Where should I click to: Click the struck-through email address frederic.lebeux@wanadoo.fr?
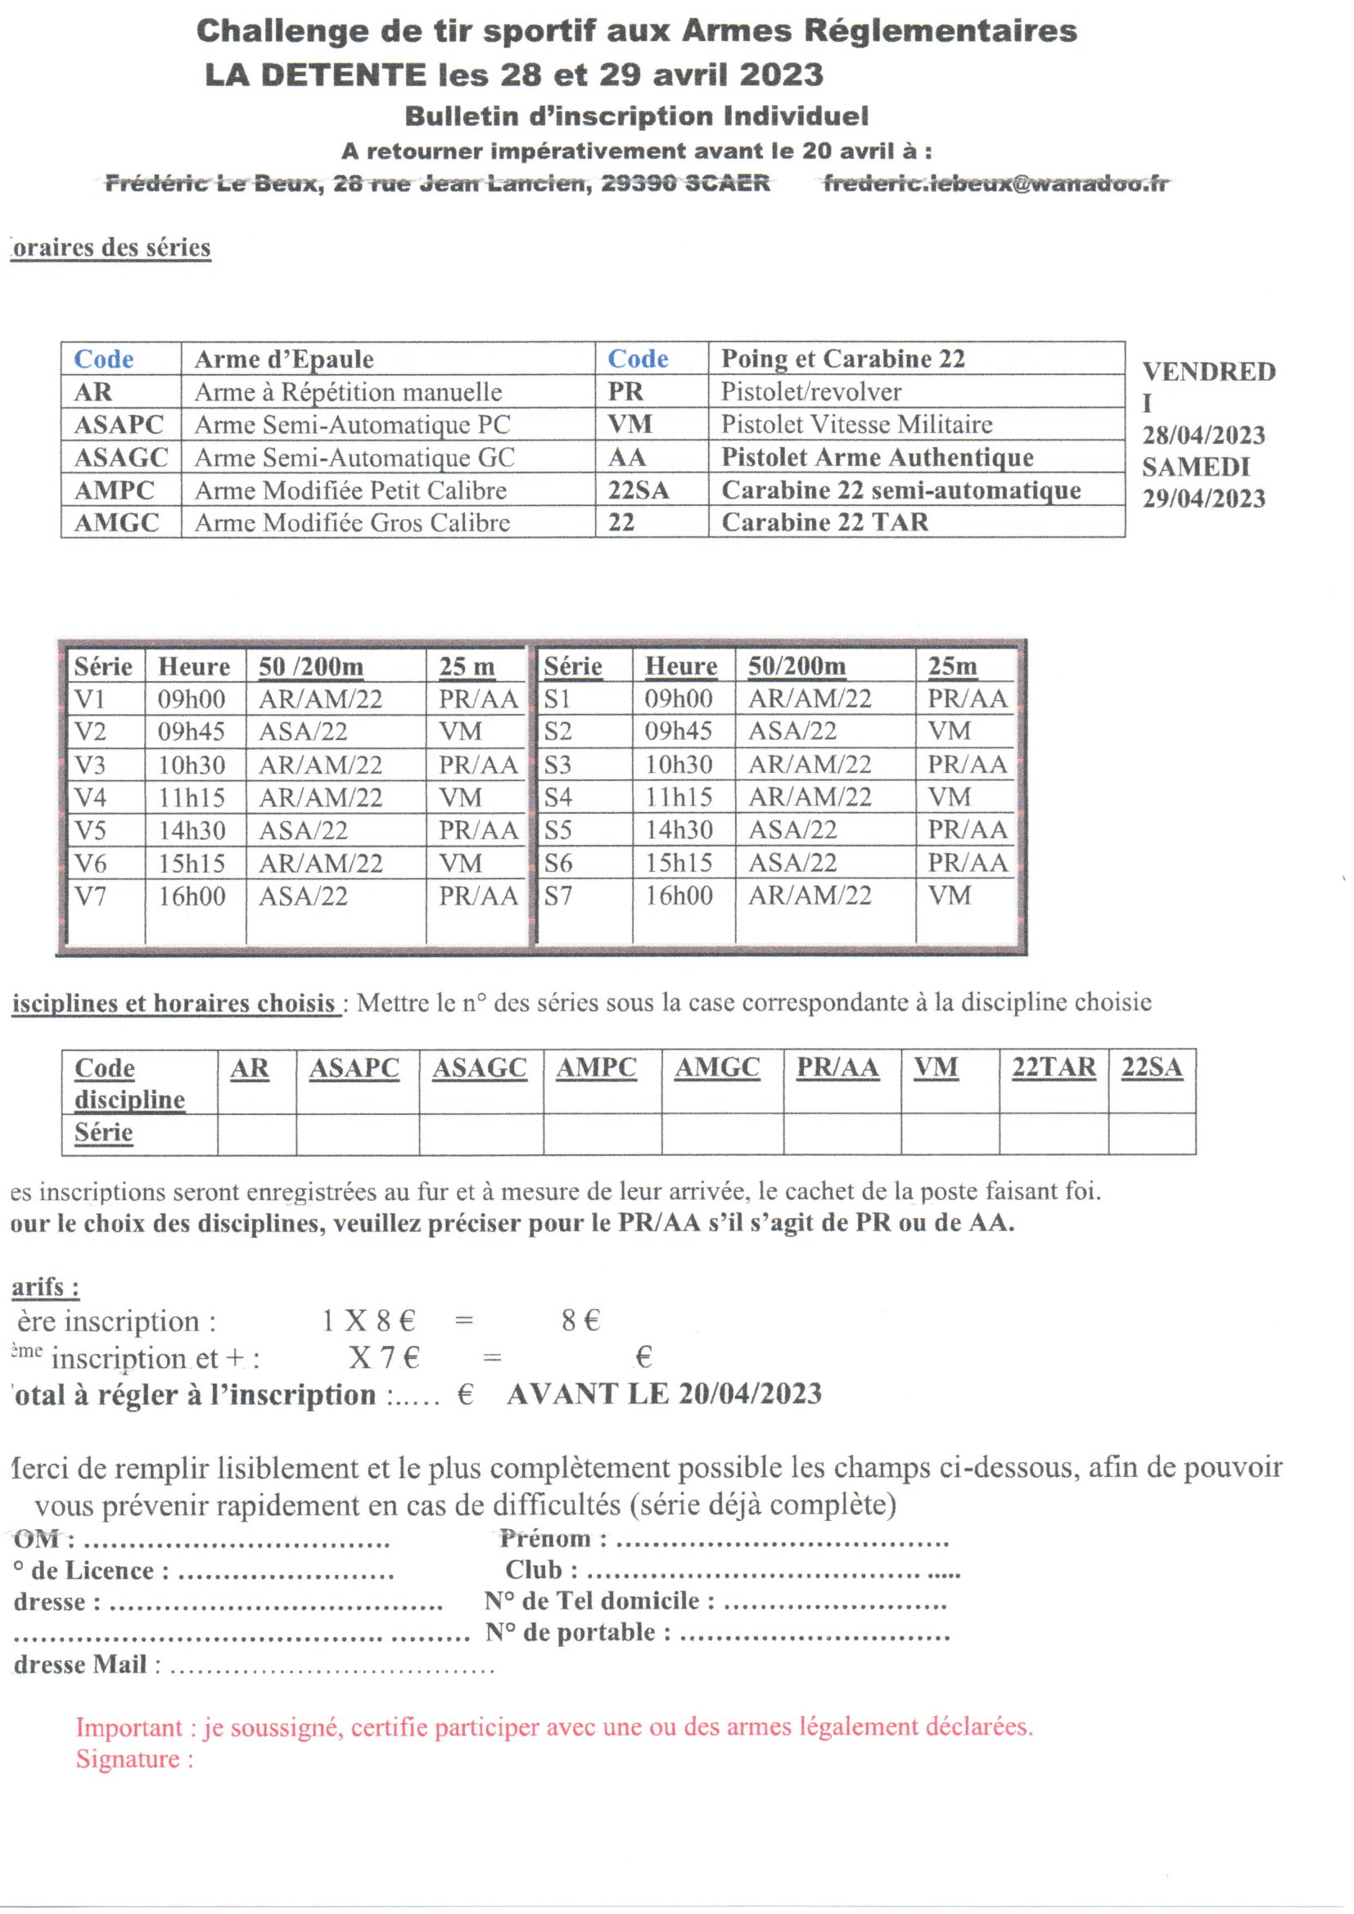pyautogui.click(x=995, y=183)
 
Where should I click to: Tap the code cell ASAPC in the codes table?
pyautogui.click(x=119, y=424)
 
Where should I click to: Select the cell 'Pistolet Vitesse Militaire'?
pyautogui.click(x=856, y=424)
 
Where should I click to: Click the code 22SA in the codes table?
pyautogui.click(x=638, y=490)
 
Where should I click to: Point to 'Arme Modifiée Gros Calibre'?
pyautogui.click(x=352, y=522)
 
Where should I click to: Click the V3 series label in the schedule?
pyautogui.click(x=90, y=765)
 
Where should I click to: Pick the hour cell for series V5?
pyautogui.click(x=192, y=830)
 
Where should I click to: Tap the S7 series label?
pyautogui.click(x=557, y=896)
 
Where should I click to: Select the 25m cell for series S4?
pyautogui.click(x=950, y=797)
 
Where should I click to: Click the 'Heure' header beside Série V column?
pyautogui.click(x=193, y=666)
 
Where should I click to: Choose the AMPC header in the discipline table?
pyautogui.click(x=596, y=1068)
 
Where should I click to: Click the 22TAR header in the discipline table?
pyautogui.click(x=1053, y=1068)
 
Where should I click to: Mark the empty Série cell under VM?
pyautogui.click(x=950, y=1134)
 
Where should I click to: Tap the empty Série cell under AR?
pyautogui.click(x=257, y=1134)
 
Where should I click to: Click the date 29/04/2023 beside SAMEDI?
pyautogui.click(x=1203, y=499)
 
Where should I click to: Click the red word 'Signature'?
pyautogui.click(x=128, y=1759)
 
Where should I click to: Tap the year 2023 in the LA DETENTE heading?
pyautogui.click(x=780, y=75)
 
